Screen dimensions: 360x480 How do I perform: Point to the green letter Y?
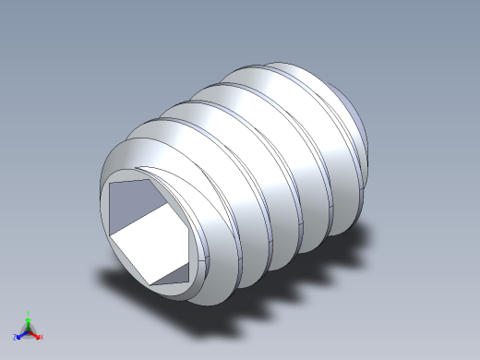(29, 313)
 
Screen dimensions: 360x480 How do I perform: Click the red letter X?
(42, 337)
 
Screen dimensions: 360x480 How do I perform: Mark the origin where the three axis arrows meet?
(29, 330)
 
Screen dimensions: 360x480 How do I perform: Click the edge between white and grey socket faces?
(138, 222)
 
